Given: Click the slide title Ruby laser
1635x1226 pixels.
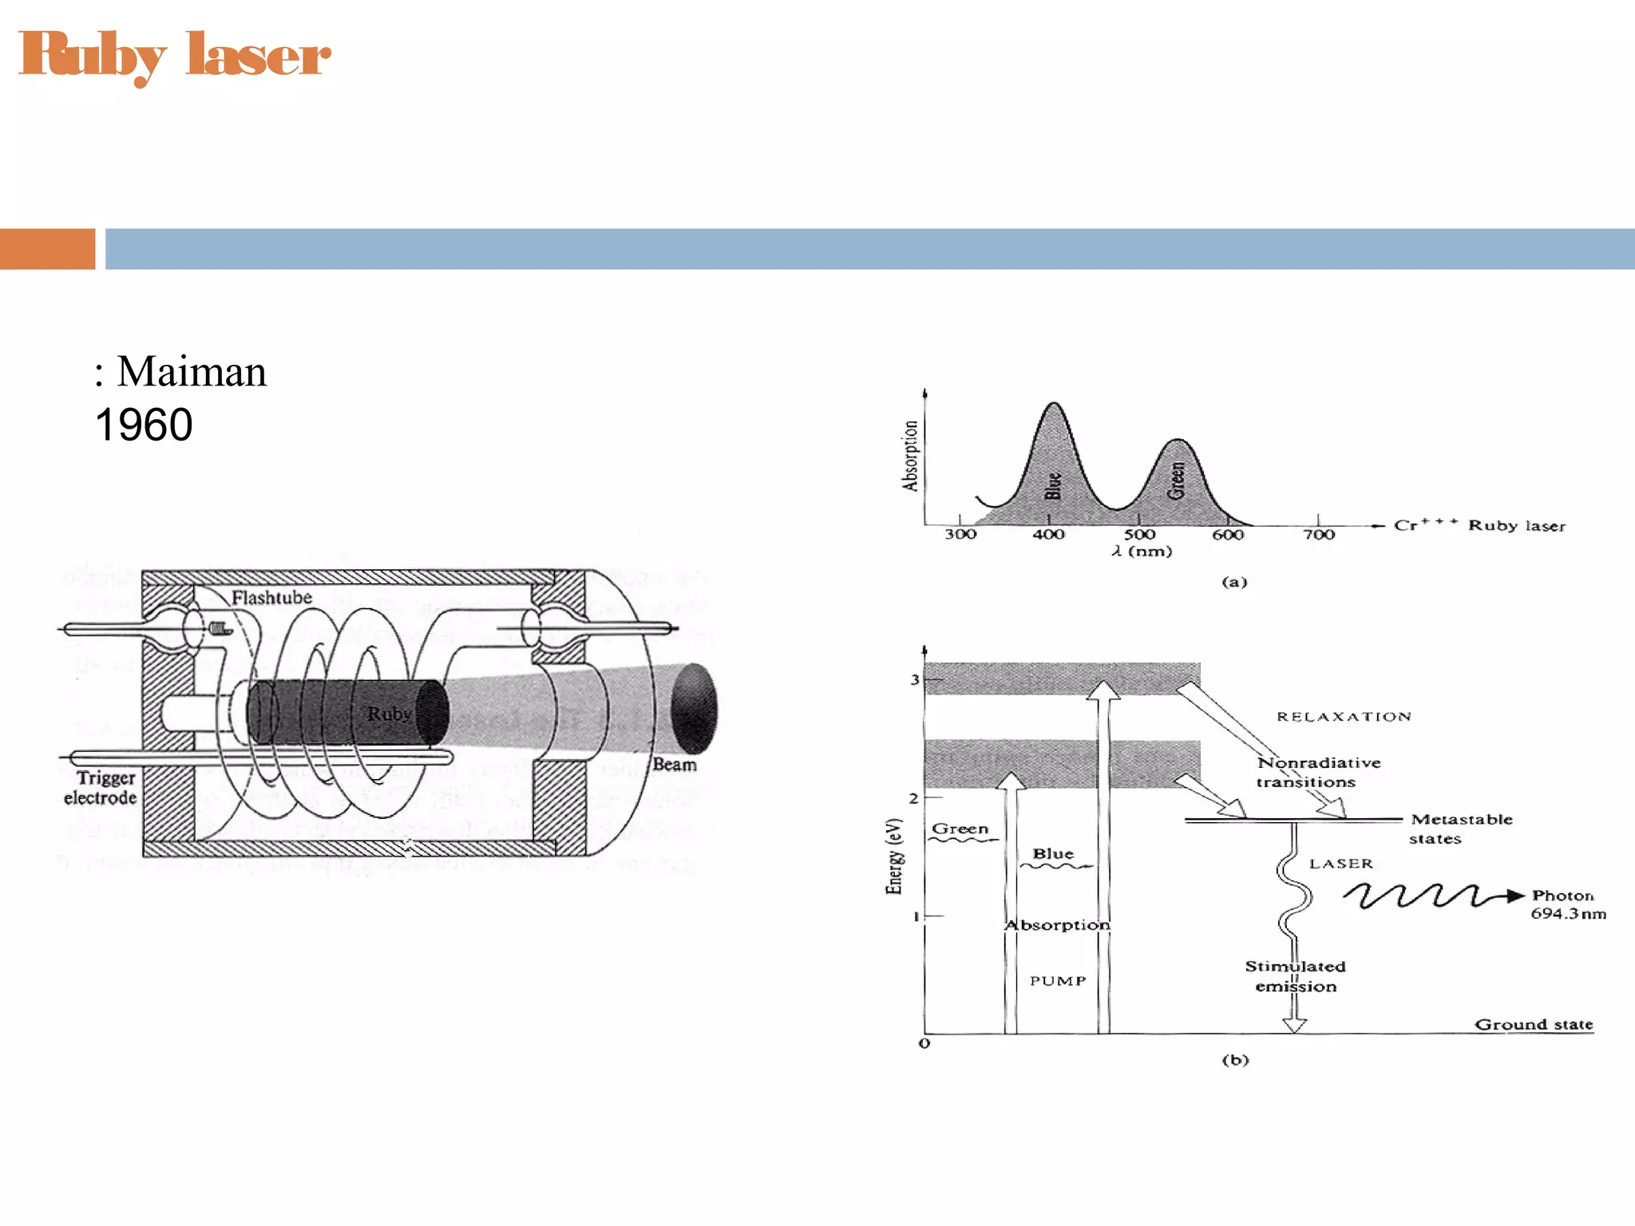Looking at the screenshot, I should (x=174, y=56).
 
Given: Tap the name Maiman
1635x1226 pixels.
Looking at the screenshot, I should (x=192, y=372).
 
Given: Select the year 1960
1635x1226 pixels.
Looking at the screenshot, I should (x=144, y=425).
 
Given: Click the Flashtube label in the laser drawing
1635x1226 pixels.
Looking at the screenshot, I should (x=271, y=598).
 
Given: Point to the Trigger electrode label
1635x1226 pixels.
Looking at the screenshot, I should (x=101, y=788).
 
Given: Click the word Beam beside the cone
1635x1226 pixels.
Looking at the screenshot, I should (x=675, y=765).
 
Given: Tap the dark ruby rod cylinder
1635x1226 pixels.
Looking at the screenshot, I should (x=343, y=712).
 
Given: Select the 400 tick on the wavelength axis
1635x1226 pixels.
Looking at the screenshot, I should (x=1048, y=534).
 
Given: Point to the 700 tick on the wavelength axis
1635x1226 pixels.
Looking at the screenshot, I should (x=1319, y=534).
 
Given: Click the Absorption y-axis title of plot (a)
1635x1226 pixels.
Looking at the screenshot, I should (x=910, y=456).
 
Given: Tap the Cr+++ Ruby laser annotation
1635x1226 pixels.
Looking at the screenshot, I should (x=1479, y=525).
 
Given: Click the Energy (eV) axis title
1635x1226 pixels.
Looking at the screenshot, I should (x=894, y=856).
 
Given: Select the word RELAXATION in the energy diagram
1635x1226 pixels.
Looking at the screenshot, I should (x=1344, y=717).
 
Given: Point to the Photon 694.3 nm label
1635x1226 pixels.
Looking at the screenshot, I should (x=1567, y=904).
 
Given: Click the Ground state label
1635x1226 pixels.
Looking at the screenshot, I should (x=1533, y=1024).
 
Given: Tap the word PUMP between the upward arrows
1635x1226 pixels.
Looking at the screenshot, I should (x=1058, y=981).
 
